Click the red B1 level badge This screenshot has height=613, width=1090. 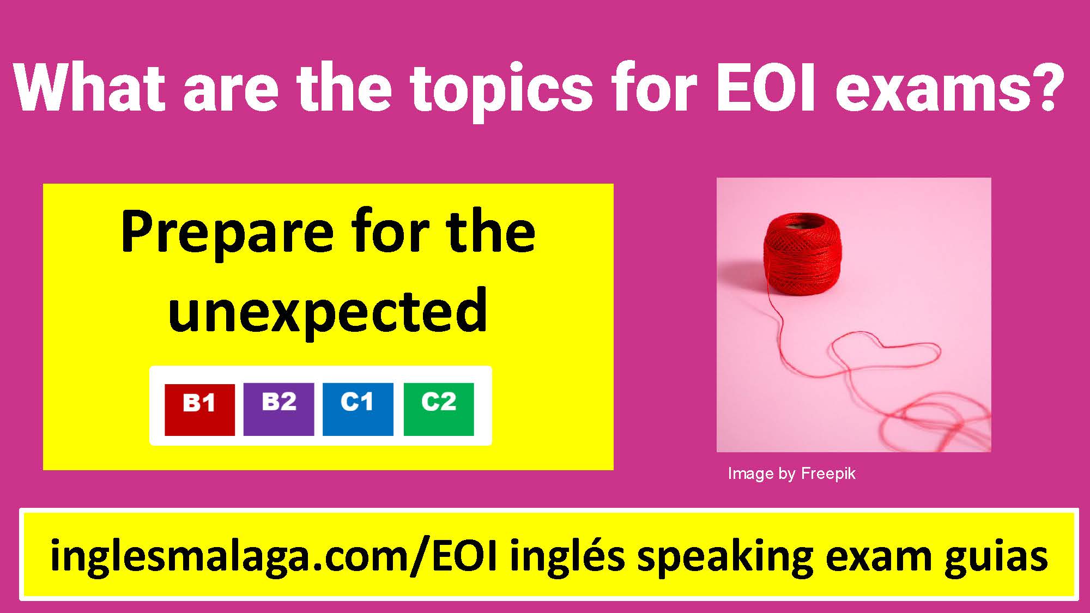(199, 409)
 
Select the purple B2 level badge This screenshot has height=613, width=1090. (278, 409)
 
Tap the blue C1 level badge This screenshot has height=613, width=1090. (358, 409)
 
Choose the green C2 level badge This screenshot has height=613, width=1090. (439, 409)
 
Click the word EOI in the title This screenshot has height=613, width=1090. (765, 88)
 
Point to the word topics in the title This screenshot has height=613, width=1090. (501, 90)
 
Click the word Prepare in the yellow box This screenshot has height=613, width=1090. (227, 233)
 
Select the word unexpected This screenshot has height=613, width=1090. (328, 311)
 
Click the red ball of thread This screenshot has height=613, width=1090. (802, 255)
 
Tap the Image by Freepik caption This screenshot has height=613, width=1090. (791, 474)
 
